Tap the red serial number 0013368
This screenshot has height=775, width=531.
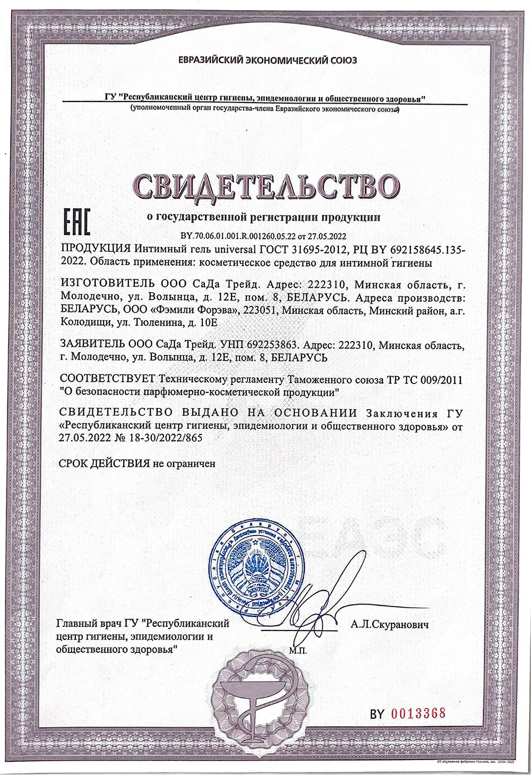click(x=418, y=713)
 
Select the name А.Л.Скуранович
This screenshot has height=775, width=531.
click(x=389, y=625)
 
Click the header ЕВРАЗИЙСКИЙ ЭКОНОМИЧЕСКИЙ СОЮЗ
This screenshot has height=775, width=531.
click(x=268, y=61)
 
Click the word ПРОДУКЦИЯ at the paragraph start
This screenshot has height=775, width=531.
click(x=96, y=249)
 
